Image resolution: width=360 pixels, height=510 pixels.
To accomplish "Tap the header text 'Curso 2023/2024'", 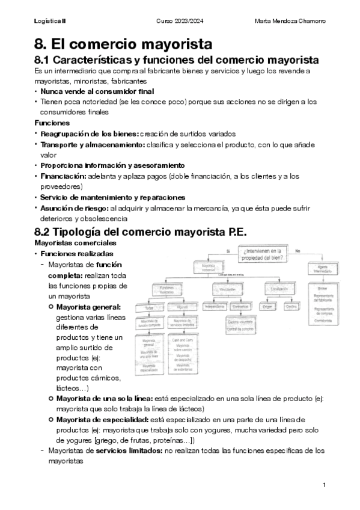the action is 180,22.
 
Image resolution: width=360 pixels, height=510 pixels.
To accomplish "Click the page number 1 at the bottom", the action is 324,485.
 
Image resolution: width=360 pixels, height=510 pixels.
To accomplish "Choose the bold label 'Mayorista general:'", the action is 88,307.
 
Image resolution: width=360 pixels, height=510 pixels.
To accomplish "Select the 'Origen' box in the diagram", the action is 267,306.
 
